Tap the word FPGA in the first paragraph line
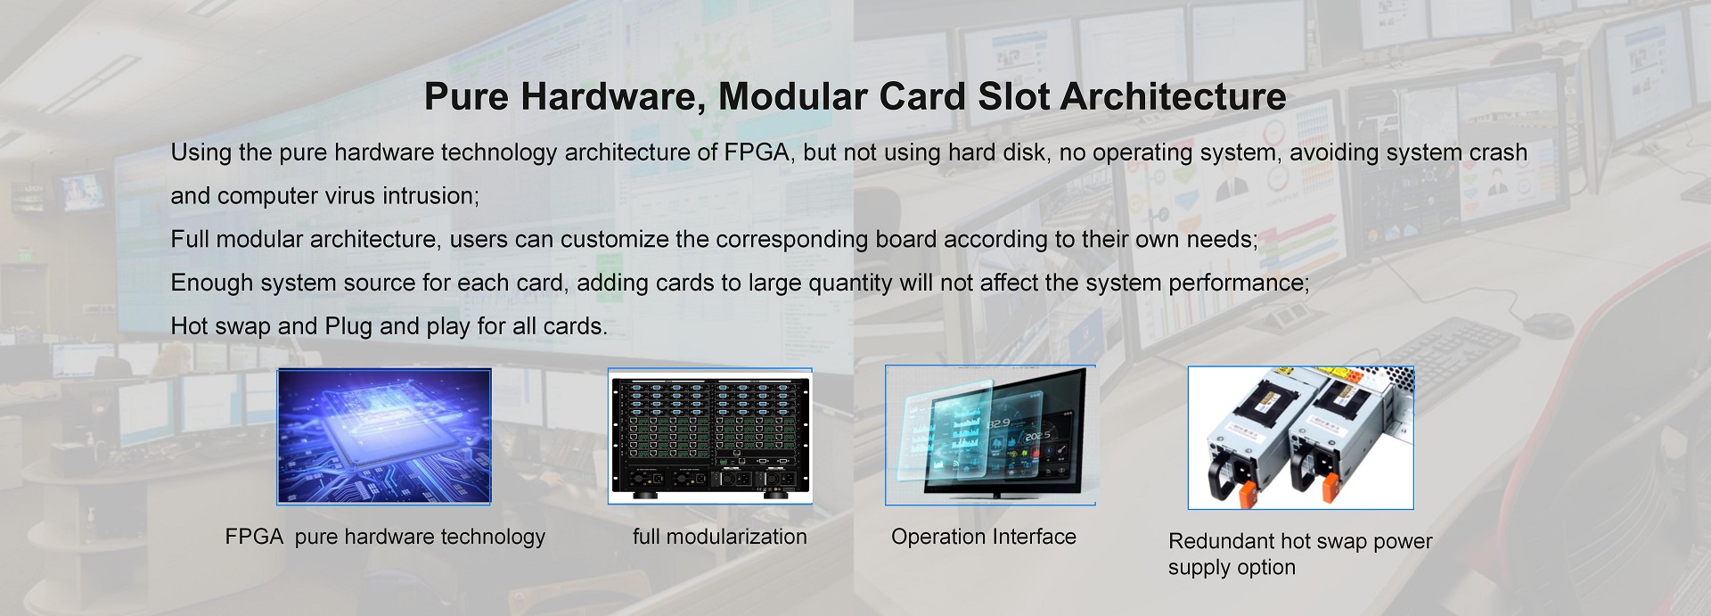click(x=757, y=152)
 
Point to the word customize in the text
click(x=616, y=240)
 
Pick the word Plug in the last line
click(x=348, y=327)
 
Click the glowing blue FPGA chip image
click(x=384, y=436)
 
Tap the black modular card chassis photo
click(x=710, y=437)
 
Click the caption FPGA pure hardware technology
click(x=385, y=537)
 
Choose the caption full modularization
click(x=720, y=537)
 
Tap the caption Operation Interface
click(x=984, y=537)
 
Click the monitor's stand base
click(x=992, y=495)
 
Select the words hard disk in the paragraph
click(x=998, y=152)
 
